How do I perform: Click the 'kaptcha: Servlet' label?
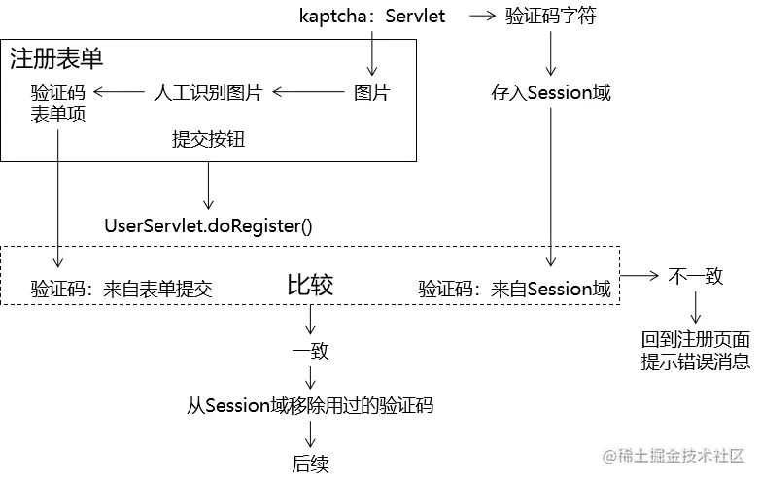tap(373, 16)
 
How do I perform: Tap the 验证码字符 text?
tap(551, 17)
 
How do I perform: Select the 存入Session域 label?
tap(551, 93)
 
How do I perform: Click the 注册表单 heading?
tap(56, 58)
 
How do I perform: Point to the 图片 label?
tap(371, 93)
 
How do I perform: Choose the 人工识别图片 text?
tap(208, 93)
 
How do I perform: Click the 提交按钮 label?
tap(208, 139)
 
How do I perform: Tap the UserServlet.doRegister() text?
tap(208, 226)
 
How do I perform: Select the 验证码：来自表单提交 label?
tap(121, 288)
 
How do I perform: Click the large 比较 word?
tap(310, 285)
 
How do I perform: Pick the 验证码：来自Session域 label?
tap(514, 288)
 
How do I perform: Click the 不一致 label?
tap(696, 276)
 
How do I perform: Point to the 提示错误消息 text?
tap(696, 361)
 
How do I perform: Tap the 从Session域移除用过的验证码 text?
tap(310, 405)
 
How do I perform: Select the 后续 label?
tap(310, 463)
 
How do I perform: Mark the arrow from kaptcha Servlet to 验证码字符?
tap(483, 17)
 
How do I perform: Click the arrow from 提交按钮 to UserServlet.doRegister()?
tap(208, 185)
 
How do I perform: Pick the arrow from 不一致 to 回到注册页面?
tap(696, 308)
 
